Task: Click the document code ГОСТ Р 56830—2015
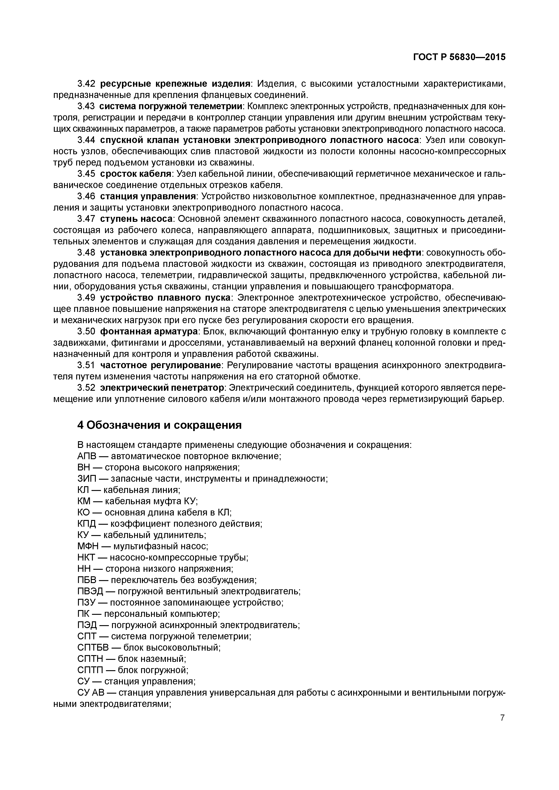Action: pos(459,57)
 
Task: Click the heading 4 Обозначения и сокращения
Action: pos(159,425)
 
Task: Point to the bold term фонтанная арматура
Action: pos(149,332)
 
